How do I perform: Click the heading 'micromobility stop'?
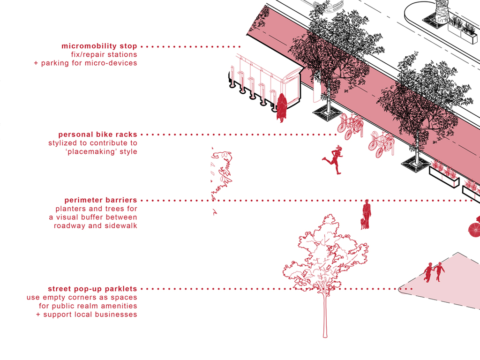coord(99,46)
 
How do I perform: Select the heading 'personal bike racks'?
coord(98,135)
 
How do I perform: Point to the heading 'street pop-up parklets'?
coord(92,288)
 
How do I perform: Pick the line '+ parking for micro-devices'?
coord(85,63)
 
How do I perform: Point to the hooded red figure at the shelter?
coord(282,107)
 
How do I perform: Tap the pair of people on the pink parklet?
coord(434,272)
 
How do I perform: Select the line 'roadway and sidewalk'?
coord(96,225)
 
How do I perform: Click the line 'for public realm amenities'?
coord(88,306)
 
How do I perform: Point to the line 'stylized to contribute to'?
coord(93,143)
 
